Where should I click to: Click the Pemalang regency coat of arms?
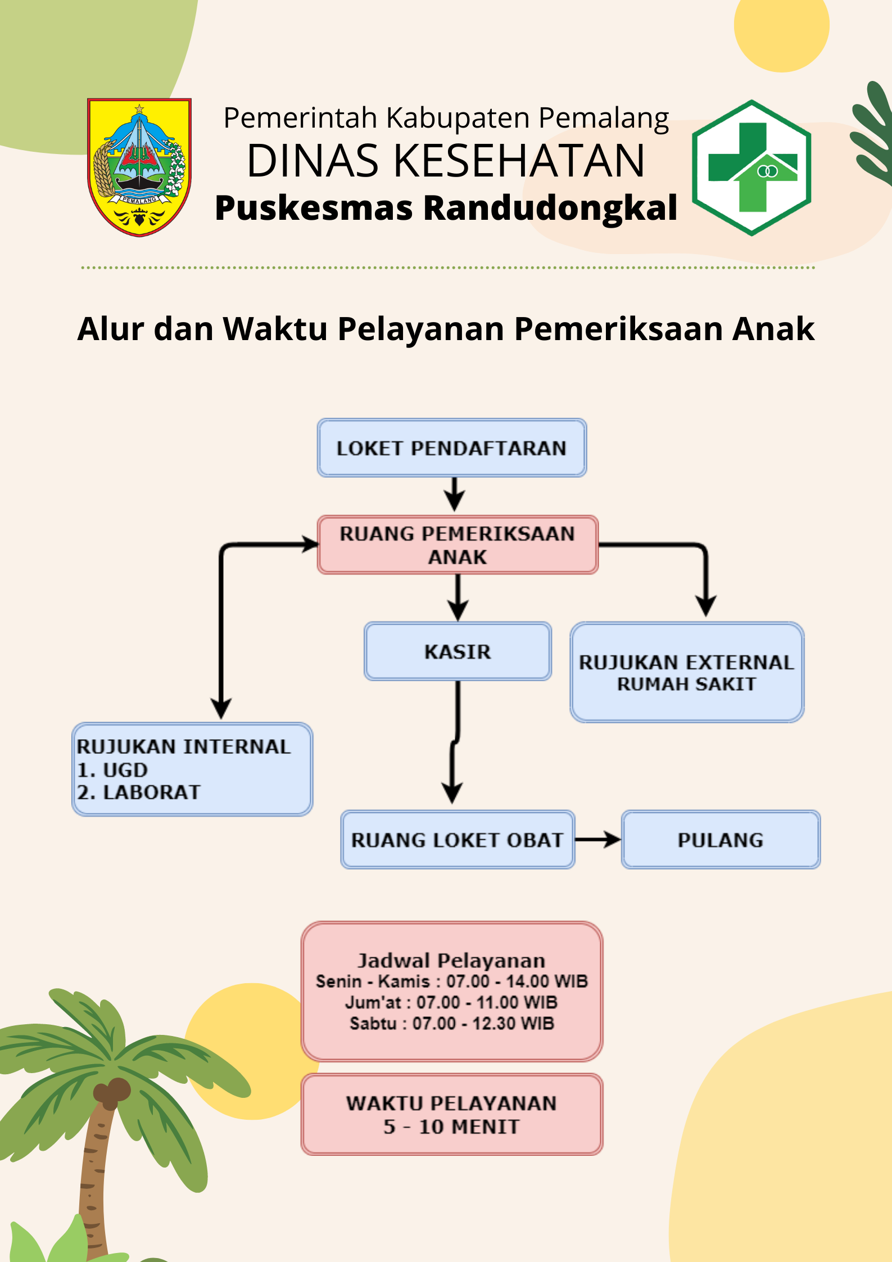pyautogui.click(x=139, y=167)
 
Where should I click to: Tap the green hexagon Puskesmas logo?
pyautogui.click(x=751, y=168)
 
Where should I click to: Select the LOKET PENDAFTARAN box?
pyautogui.click(x=452, y=448)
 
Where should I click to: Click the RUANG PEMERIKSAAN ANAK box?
pyautogui.click(x=458, y=545)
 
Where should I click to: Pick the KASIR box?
pyautogui.click(x=458, y=652)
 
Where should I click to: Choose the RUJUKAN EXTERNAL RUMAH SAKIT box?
pyautogui.click(x=687, y=672)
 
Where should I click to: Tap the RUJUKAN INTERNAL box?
pyautogui.click(x=192, y=769)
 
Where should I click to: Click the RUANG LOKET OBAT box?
pyautogui.click(x=458, y=840)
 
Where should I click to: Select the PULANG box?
pyautogui.click(x=721, y=840)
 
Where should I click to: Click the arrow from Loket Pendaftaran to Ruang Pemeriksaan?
pyautogui.click(x=454, y=494)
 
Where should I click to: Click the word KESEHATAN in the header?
pyautogui.click(x=519, y=161)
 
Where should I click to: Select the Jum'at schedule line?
pyautogui.click(x=451, y=1002)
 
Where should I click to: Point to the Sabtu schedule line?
pyautogui.click(x=452, y=1023)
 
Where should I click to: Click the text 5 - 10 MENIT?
pyautogui.click(x=451, y=1127)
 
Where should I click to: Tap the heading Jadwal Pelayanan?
pyautogui.click(x=451, y=961)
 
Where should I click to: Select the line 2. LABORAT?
pyautogui.click(x=139, y=792)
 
